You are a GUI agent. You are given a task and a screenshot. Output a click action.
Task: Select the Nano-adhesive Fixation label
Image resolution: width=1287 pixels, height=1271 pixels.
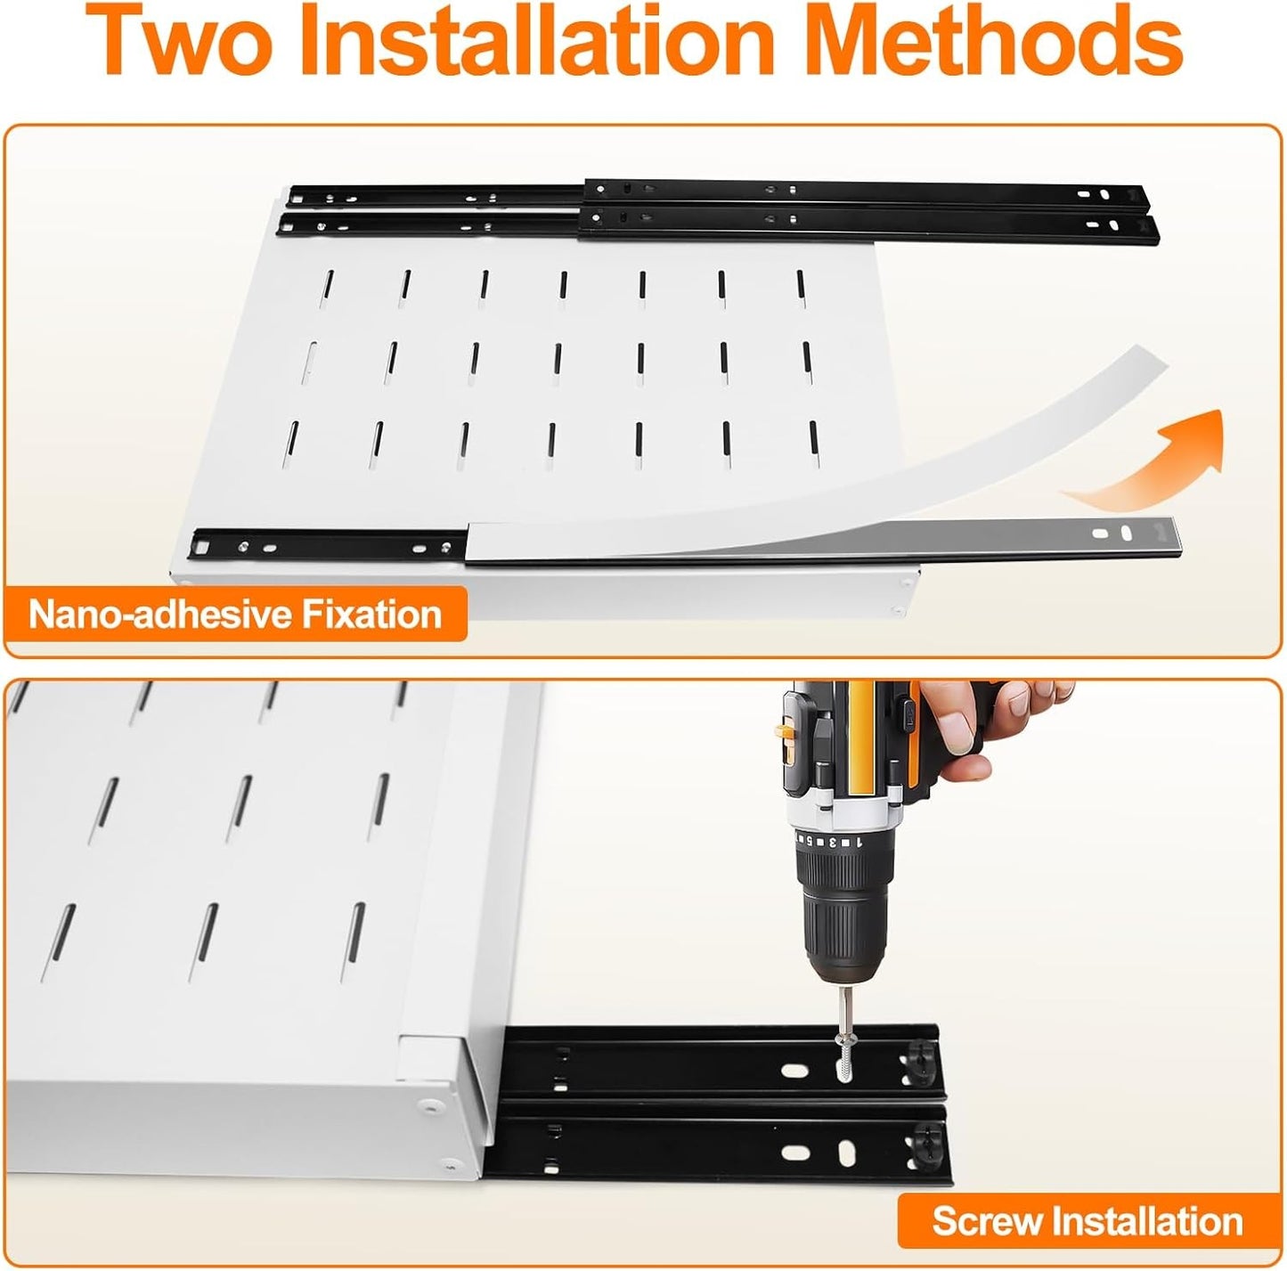coord(235,615)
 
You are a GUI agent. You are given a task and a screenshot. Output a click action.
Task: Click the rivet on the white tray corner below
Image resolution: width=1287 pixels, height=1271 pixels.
coord(430,1105)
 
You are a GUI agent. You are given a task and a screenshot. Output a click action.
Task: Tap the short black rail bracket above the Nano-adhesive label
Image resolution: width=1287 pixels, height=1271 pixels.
coord(330,543)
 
